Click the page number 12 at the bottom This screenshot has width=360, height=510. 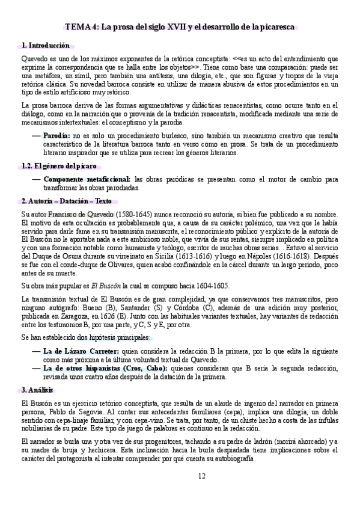tap(202, 476)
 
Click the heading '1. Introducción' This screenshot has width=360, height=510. tap(45, 46)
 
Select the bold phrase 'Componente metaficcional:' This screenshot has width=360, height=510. tap(87, 179)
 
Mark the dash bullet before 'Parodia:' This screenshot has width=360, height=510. tap(37, 136)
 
